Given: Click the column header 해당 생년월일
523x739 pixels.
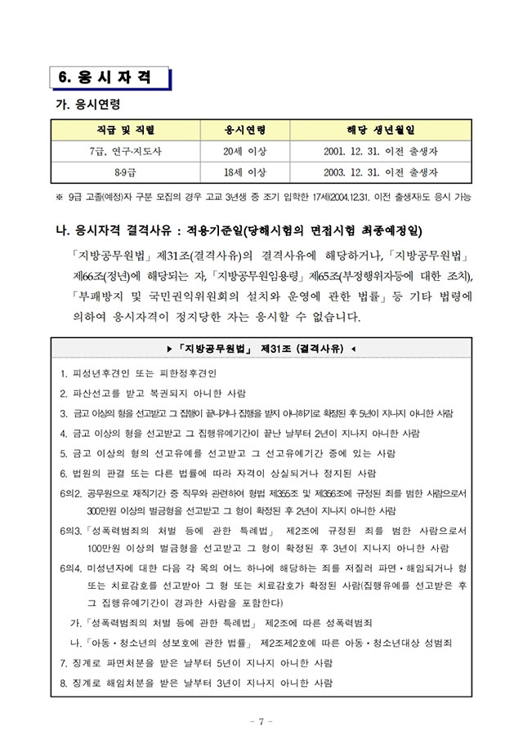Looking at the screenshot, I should [382, 130].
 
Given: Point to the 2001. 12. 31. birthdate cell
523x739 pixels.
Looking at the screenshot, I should [382, 151].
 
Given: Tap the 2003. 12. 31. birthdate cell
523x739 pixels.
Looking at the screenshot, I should [382, 172].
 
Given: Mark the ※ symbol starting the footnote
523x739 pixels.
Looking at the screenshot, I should [59, 197].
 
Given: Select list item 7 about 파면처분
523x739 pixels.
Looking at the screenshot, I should [196, 662].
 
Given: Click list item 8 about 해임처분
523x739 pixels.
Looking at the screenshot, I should [196, 682].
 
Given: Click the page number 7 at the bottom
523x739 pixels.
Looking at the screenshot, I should [261, 721].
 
